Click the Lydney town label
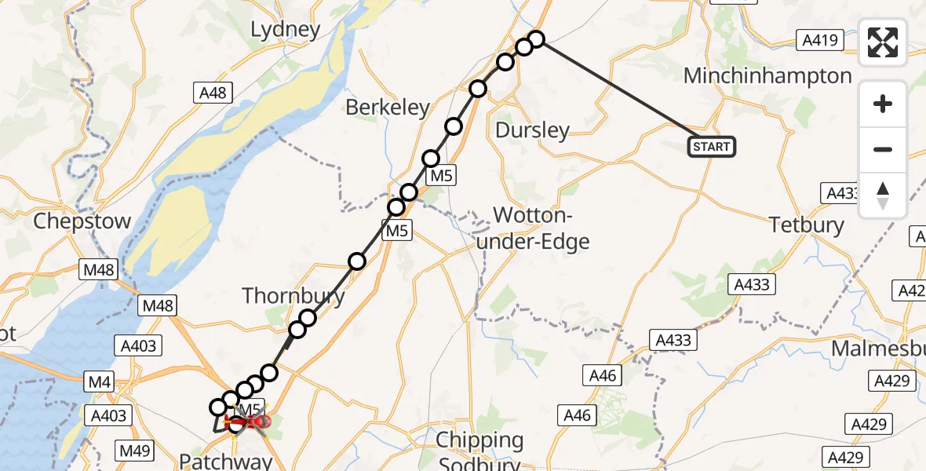285,30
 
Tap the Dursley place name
532,130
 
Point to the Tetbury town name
807,225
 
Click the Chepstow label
82,221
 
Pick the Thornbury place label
293,296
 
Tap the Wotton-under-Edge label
533,228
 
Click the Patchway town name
226,460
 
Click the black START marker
712,146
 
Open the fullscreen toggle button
883,42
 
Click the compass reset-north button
883,195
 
